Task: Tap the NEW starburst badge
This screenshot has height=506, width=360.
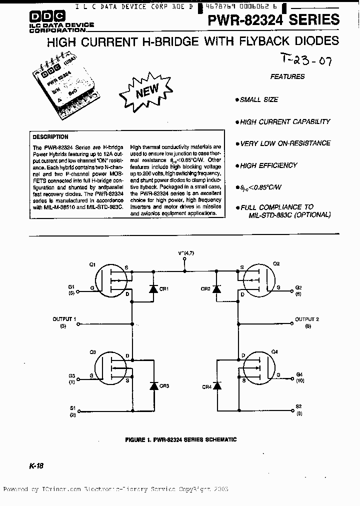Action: pyautogui.click(x=146, y=90)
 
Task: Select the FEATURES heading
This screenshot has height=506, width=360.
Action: pyautogui.click(x=287, y=77)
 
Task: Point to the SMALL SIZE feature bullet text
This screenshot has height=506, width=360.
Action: pyautogui.click(x=258, y=100)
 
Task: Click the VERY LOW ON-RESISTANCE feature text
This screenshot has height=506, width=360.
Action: pyautogui.click(x=285, y=143)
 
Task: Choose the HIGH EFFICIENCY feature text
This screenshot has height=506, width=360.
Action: pyautogui.click(x=268, y=165)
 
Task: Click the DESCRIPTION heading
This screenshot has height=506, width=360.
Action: pyautogui.click(x=50, y=136)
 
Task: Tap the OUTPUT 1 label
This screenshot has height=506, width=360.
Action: pyautogui.click(x=64, y=318)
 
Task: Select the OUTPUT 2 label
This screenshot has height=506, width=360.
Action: pyautogui.click(x=307, y=319)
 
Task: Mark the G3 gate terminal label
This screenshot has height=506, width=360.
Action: pyautogui.click(x=72, y=375)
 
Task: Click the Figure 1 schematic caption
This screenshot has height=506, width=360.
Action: pyautogui.click(x=180, y=440)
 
